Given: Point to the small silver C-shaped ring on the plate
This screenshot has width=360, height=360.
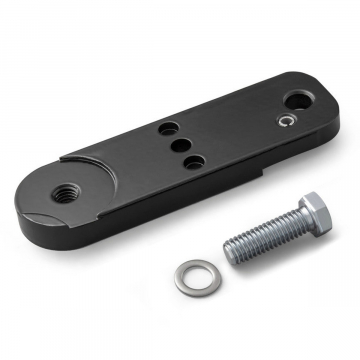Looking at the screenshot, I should click(286, 122).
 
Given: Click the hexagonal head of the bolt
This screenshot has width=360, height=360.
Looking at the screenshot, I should click(317, 212).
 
